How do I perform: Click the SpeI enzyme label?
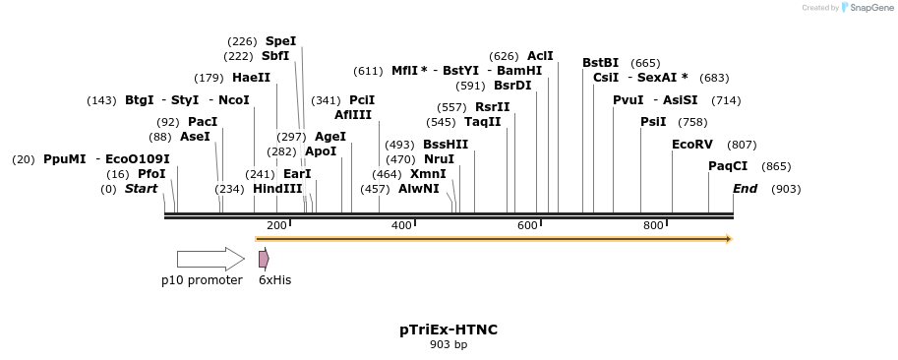coord(280,41)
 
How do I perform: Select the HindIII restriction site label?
coord(277,189)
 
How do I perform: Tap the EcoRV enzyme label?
coord(691,145)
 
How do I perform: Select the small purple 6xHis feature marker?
coord(264,259)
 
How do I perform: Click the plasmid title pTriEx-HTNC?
coord(449,330)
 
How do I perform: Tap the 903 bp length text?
coord(449,344)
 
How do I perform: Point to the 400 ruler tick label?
coord(401,226)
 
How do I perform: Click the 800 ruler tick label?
coord(653,226)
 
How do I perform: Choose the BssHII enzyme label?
coord(446,145)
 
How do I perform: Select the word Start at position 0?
coord(141,189)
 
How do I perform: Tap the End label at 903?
coord(745,189)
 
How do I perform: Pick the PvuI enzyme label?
coord(628,100)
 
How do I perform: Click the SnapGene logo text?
coord(868,8)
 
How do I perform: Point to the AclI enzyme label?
coord(540,56)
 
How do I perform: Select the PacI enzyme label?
coord(203,122)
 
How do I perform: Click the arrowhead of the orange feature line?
coord(729,239)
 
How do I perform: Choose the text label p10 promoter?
coord(202,280)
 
